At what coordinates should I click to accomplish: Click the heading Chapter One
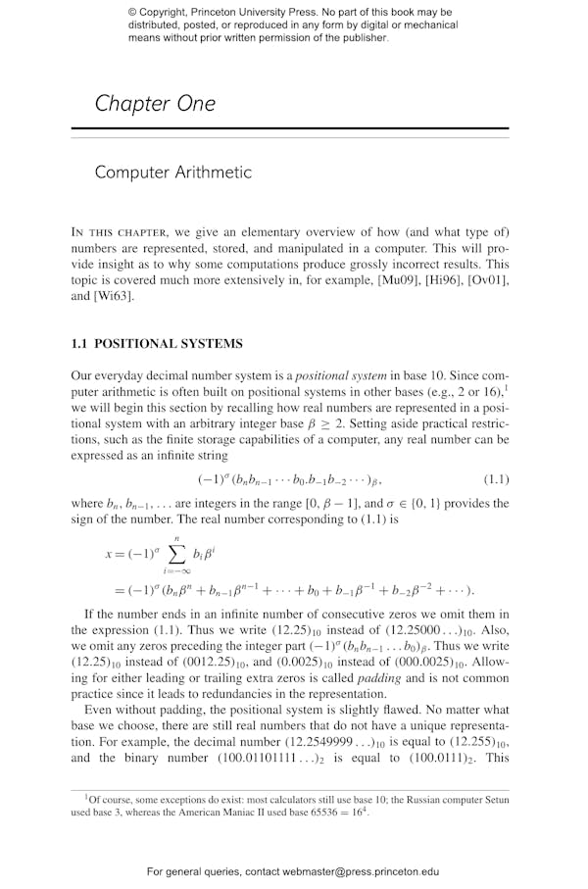[155, 104]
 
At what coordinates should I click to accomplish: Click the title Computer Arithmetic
[172, 173]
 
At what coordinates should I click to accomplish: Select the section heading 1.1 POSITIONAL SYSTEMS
[157, 344]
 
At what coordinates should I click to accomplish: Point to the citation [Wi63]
[114, 297]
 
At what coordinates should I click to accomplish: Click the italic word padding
[378, 678]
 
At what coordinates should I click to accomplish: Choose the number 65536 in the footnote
[306, 813]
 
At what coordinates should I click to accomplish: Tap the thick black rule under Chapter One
[290, 129]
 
